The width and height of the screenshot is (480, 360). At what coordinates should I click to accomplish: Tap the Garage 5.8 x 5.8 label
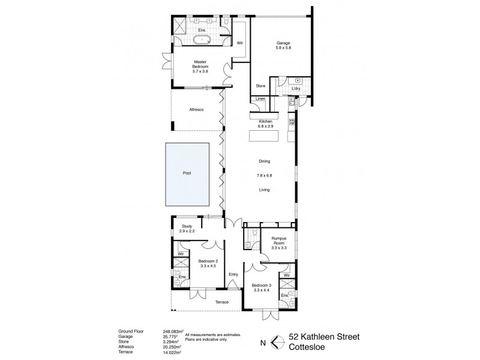pos(283,46)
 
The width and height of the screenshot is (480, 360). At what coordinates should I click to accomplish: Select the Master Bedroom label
pos(200,64)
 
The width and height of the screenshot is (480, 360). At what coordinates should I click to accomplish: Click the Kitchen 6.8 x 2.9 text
pos(265,124)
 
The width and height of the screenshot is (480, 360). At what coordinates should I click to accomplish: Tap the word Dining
pos(264,161)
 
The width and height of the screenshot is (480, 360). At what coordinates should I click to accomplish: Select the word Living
pos(264,190)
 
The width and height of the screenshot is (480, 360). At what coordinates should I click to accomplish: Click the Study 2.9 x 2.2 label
pos(187,229)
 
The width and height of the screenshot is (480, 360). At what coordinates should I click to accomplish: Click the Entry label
pos(233,275)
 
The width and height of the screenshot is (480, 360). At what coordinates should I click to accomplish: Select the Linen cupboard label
pos(260,99)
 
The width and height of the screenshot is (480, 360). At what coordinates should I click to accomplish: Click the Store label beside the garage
pos(260,86)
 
